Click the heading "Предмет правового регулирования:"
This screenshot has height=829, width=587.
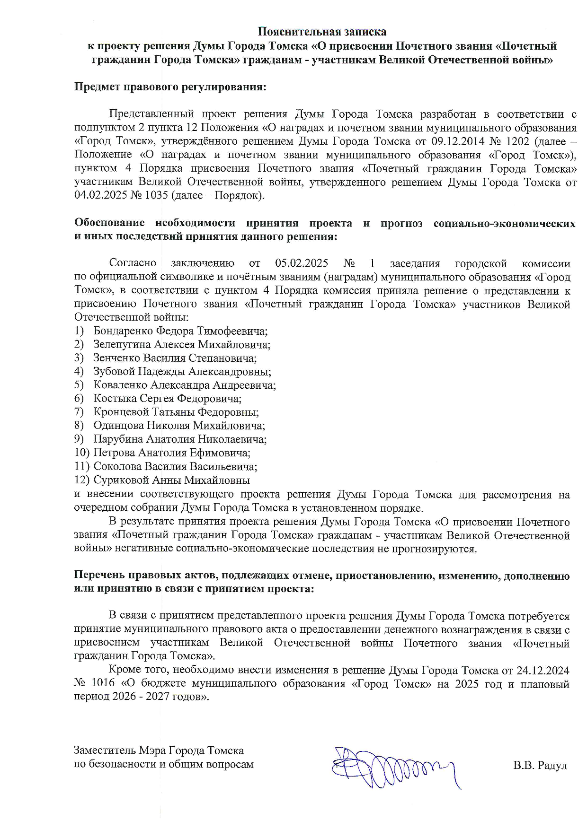click(170, 87)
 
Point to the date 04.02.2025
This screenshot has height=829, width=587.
click(98, 196)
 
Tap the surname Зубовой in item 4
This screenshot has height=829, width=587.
click(114, 372)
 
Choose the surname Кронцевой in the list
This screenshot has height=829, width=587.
click(122, 412)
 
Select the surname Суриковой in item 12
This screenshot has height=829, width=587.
click(121, 480)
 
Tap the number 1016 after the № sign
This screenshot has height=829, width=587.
click(102, 684)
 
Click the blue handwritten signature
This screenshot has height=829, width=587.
click(393, 767)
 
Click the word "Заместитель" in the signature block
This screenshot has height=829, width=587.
click(105, 751)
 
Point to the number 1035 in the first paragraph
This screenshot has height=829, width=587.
click(154, 196)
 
